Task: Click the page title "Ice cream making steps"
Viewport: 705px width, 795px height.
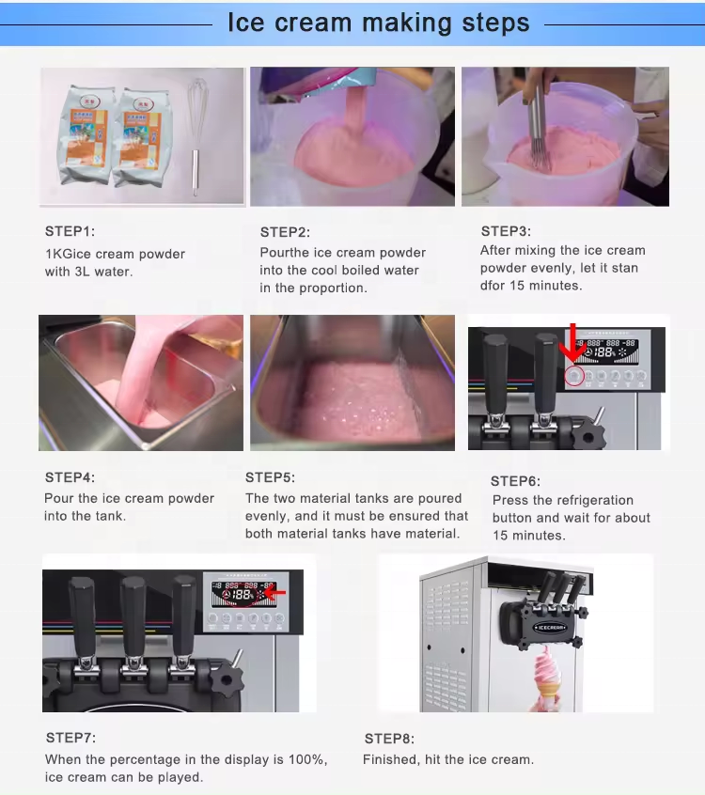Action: click(379, 23)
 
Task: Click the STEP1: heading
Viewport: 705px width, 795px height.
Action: click(70, 232)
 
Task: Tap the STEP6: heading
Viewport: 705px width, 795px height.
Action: click(515, 481)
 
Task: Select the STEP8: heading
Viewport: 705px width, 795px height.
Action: click(389, 739)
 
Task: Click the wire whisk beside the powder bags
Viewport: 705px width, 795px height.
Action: click(196, 136)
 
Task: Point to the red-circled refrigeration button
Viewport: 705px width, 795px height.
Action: click(574, 376)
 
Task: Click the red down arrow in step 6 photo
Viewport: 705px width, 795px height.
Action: click(572, 343)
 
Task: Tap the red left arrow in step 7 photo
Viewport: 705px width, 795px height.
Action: click(274, 592)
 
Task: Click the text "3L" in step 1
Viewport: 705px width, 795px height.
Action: click(82, 272)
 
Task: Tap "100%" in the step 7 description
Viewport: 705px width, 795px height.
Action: click(308, 759)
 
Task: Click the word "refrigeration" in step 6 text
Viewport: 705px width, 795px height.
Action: click(596, 501)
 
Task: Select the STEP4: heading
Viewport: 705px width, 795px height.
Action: click(70, 477)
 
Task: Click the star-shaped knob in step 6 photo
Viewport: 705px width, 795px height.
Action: click(588, 435)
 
